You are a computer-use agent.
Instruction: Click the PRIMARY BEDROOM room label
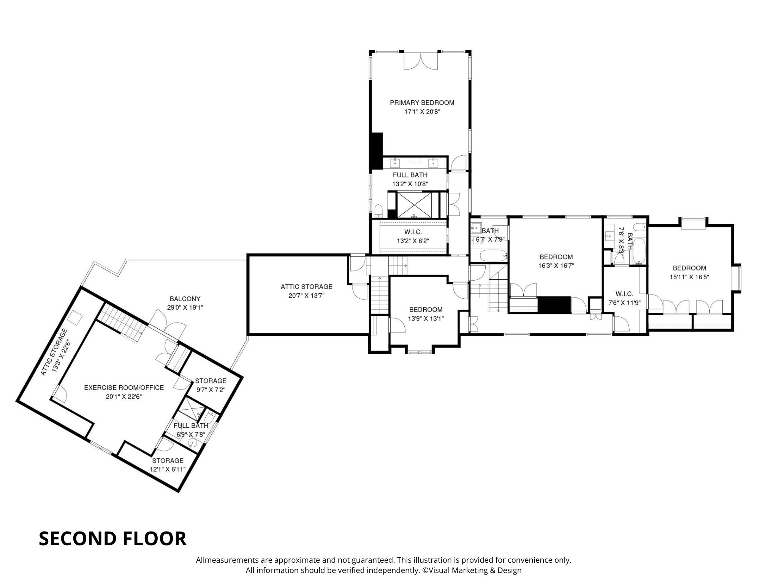coord(422,103)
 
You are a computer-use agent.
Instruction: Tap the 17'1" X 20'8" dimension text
coord(422,112)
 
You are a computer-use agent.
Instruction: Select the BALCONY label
coord(185,299)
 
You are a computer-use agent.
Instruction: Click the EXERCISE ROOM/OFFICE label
coord(124,388)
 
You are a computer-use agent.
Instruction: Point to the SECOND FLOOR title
coord(112,538)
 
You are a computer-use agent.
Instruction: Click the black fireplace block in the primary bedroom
coord(377,151)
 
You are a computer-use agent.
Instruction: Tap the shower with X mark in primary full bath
coord(414,205)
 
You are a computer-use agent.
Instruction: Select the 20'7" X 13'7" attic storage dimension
coord(306,296)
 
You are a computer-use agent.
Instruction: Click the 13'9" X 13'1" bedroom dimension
coord(426,319)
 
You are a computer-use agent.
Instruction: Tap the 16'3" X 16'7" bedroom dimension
coord(556,266)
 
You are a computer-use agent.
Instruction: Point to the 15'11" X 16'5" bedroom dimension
coord(689,277)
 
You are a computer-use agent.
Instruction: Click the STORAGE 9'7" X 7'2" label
coord(211,385)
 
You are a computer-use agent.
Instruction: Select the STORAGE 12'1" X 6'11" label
coord(168,465)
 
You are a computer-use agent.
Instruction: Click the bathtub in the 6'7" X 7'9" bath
coord(493,255)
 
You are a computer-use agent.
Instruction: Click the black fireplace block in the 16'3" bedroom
coord(554,305)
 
